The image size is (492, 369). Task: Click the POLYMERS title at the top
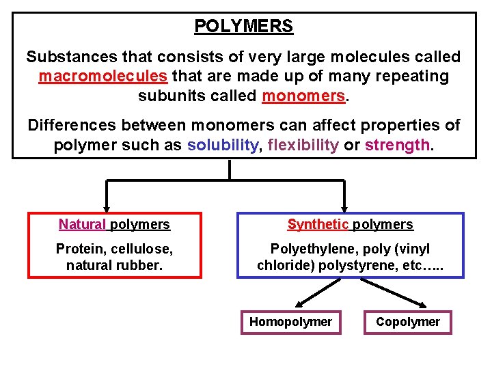[243, 27]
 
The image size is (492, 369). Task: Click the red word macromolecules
[102, 76]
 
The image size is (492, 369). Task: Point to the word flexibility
[303, 145]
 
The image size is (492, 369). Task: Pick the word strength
[398, 145]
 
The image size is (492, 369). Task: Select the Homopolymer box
[290, 322]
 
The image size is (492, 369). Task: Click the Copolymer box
[408, 322]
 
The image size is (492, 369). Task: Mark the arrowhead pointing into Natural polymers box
[106, 206]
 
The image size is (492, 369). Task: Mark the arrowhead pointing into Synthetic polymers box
[344, 206]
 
